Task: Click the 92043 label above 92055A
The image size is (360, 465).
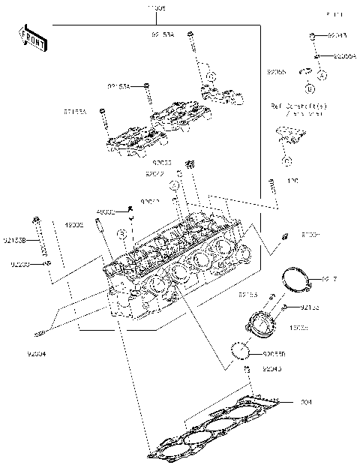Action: coord(337,35)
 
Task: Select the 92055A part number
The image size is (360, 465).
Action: coord(345,56)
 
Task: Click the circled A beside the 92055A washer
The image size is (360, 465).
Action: coord(321,75)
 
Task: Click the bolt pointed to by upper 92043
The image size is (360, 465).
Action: coord(310,35)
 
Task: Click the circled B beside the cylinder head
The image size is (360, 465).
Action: coord(120,235)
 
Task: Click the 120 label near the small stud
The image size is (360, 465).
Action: coord(292,181)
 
